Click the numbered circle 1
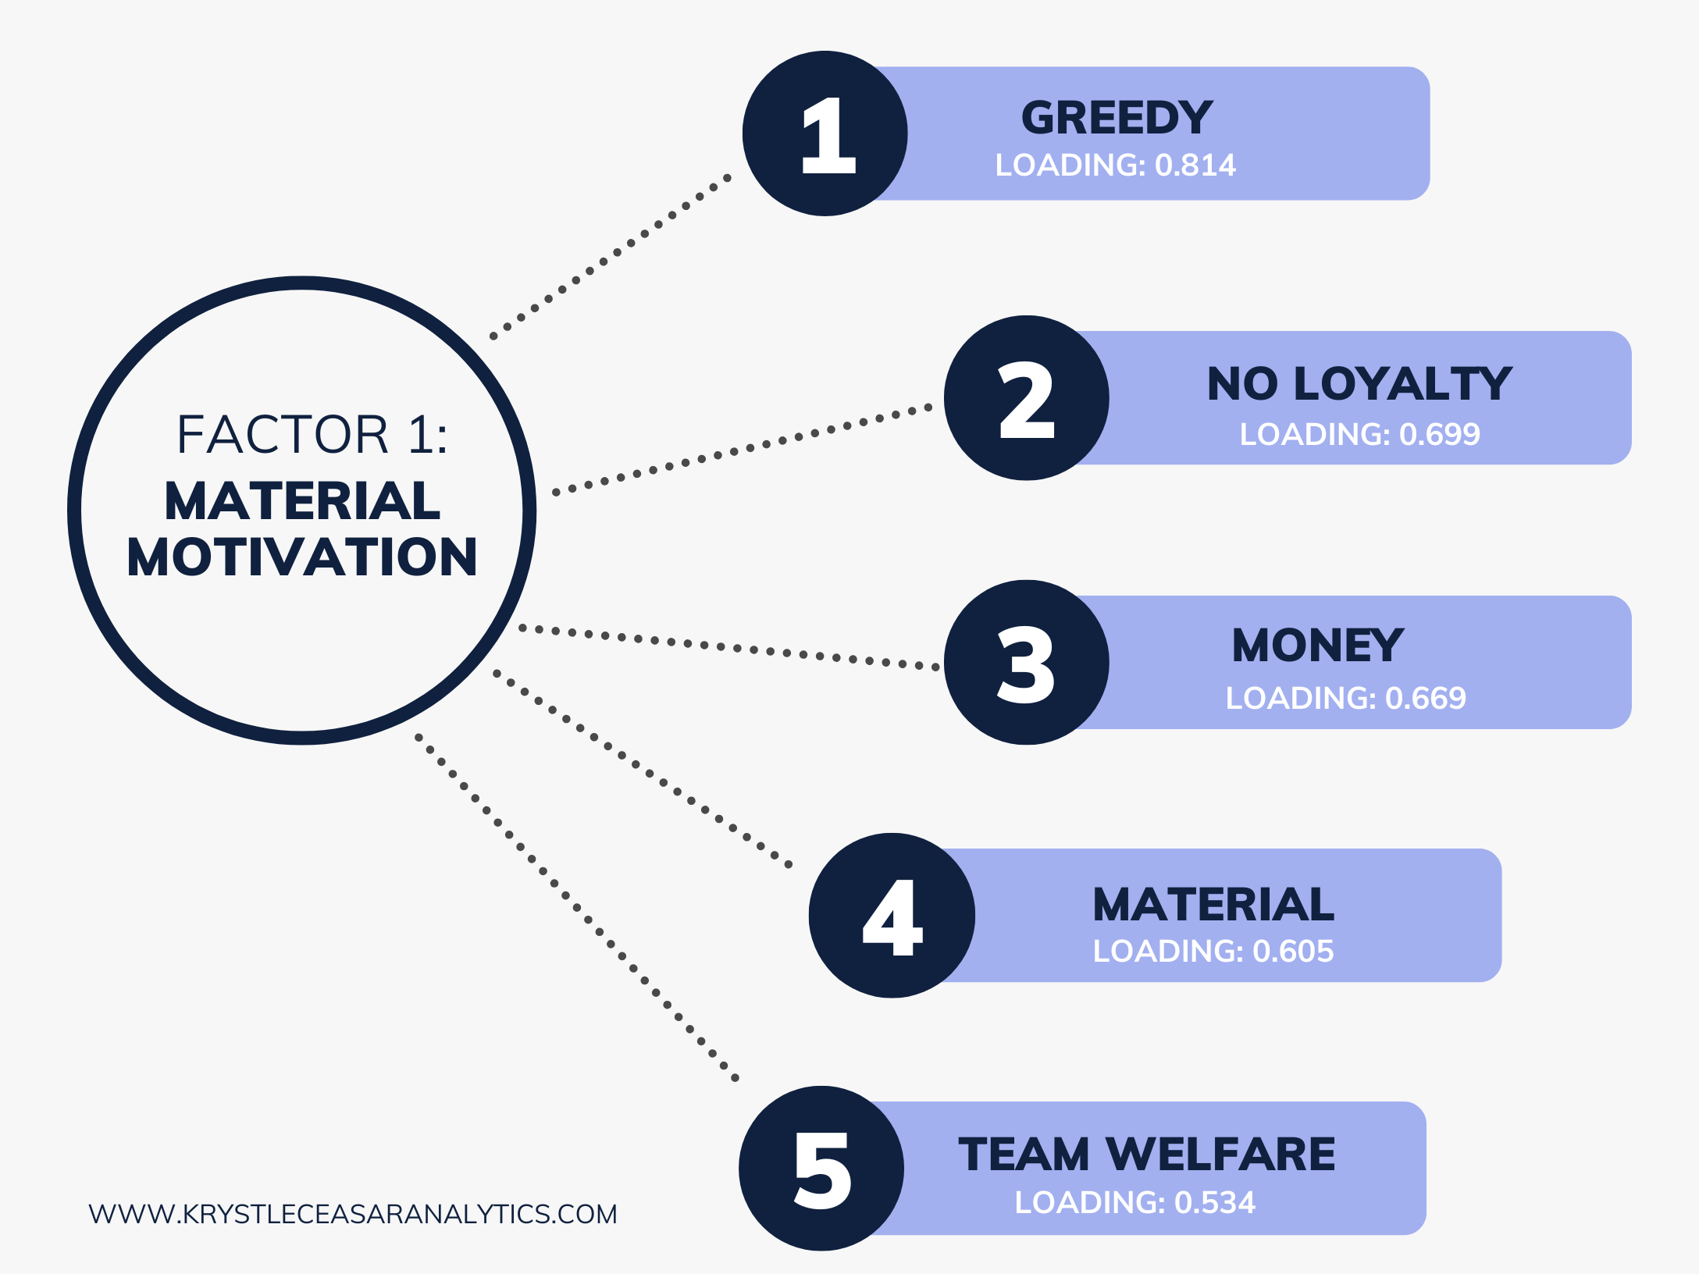(x=825, y=133)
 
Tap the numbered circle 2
(x=1026, y=398)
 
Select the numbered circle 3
(x=1026, y=663)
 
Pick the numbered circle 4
(x=892, y=916)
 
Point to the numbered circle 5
(x=821, y=1169)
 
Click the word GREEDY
(x=1117, y=118)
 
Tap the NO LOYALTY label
(x=1359, y=383)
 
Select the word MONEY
(x=1318, y=646)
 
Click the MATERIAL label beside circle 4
(x=1213, y=905)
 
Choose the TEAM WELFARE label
(x=1147, y=1154)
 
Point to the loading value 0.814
(x=1195, y=165)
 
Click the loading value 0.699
(x=1439, y=435)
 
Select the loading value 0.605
(x=1293, y=952)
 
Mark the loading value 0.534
(x=1215, y=1203)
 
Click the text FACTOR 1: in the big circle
(x=312, y=435)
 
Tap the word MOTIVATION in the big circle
(x=302, y=557)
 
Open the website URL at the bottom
(x=353, y=1215)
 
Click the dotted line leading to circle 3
(x=729, y=647)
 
